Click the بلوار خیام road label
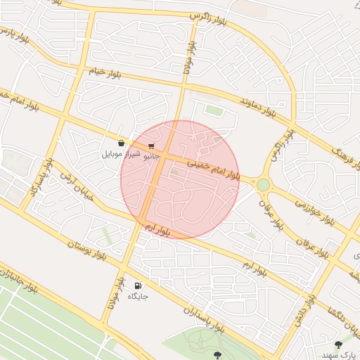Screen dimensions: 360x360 coord(106,72)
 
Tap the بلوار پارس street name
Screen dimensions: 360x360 coord(16,35)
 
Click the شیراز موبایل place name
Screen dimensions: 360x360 coord(121,153)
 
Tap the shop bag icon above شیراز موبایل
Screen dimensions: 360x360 coord(122,143)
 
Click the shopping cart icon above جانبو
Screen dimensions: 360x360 coord(151,146)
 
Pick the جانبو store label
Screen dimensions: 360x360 coord(151,156)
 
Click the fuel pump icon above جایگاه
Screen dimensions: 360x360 coord(138,285)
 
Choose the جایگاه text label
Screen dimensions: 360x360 coord(138,296)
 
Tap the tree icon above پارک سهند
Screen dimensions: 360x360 coord(338,345)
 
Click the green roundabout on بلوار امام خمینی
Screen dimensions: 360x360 coord(263,184)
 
